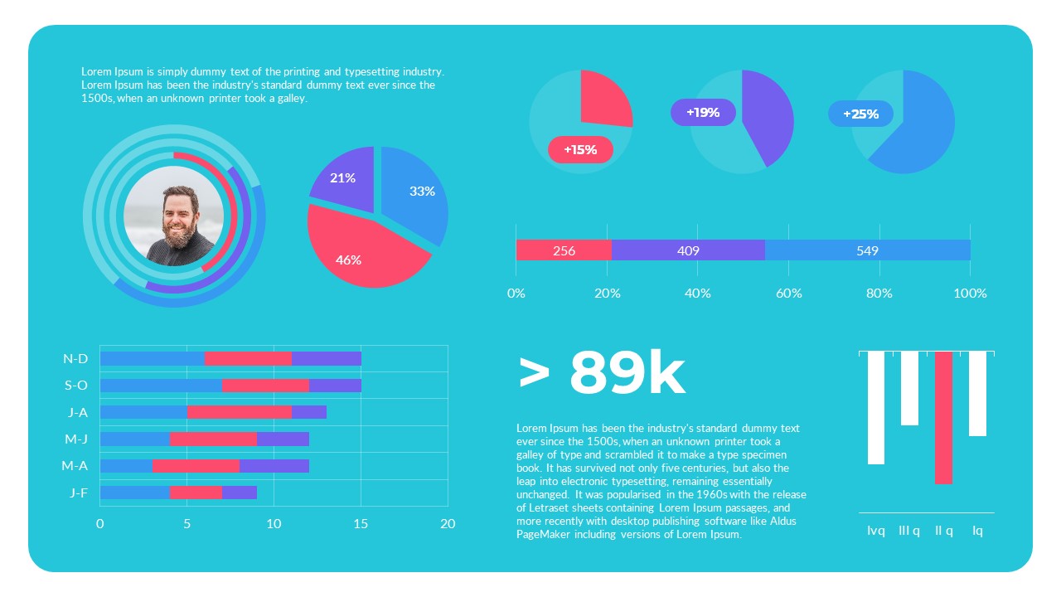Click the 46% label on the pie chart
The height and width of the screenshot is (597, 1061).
click(348, 260)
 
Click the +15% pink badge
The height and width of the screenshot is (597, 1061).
click(580, 149)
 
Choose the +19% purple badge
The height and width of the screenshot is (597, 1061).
click(703, 112)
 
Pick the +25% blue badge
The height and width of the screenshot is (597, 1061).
click(860, 114)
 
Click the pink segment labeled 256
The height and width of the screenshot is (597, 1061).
click(564, 250)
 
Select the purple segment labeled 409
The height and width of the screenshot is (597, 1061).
click(688, 250)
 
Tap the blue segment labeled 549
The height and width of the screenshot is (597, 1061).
click(867, 250)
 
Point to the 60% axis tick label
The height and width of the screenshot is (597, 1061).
click(788, 294)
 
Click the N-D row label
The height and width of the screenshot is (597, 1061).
click(75, 359)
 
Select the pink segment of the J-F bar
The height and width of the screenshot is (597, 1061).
click(196, 493)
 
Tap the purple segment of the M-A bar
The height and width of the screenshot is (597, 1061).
click(274, 466)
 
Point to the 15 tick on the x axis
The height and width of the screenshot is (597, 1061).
click(361, 524)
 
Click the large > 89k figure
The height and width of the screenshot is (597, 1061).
click(602, 374)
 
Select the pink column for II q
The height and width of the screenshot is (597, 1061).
click(943, 417)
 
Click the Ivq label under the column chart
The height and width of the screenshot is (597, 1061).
click(875, 531)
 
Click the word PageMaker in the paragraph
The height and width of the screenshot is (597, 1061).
click(543, 535)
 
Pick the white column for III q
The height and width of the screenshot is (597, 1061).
click(909, 388)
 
